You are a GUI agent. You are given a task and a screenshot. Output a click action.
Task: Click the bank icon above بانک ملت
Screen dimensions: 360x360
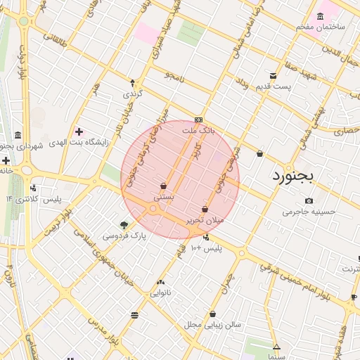pos(198,120)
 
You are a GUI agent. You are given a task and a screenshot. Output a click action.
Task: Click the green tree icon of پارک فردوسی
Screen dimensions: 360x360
pos(124,225)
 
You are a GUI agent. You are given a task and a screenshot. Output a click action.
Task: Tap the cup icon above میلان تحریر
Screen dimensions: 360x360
pos(205,209)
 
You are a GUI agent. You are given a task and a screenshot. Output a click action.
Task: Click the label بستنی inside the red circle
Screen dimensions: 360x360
pos(164,198)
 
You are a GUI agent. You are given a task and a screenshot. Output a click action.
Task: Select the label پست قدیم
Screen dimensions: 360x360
pos(273,86)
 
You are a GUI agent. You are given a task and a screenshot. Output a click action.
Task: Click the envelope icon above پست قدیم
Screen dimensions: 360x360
pos(273,76)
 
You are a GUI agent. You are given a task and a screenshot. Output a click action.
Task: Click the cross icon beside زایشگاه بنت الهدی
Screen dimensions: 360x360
pos(79,131)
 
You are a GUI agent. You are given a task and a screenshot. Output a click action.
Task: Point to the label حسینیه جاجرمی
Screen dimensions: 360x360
pos(309,211)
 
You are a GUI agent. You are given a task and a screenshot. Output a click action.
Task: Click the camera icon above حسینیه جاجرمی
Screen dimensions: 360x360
pos(309,201)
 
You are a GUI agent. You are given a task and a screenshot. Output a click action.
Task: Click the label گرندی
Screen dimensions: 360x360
pos(133,93)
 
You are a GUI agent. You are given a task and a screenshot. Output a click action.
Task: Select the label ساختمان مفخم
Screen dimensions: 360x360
pos(321,26)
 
